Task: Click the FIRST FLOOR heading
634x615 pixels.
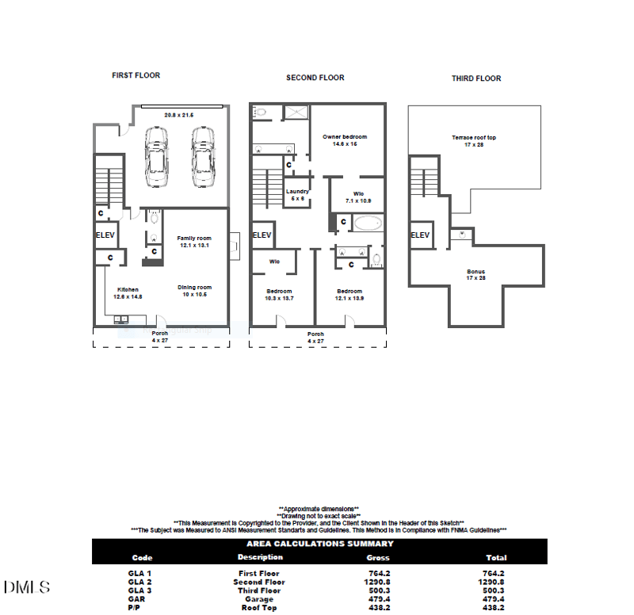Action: coord(136,75)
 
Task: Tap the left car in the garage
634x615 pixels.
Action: coord(156,159)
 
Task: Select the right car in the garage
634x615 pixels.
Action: coord(203,159)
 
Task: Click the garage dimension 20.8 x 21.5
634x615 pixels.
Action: coord(179,116)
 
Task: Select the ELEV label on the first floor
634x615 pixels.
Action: coord(106,235)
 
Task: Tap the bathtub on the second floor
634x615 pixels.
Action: coord(368,223)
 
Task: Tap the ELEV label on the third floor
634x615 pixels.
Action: coord(420,235)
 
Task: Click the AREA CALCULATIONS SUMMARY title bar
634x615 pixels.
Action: coord(319,544)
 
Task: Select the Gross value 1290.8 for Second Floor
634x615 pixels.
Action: coord(378,582)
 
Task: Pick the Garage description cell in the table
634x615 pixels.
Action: coord(259,599)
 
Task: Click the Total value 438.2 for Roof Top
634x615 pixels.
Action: coord(493,608)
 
